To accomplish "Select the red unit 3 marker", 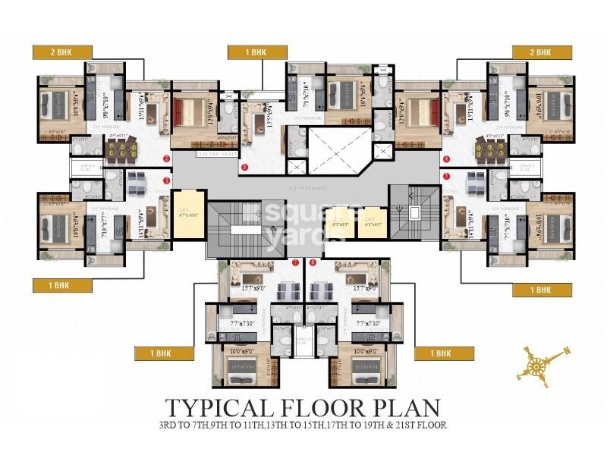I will (244, 167).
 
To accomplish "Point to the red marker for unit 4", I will (447, 158).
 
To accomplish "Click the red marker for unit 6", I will (313, 262).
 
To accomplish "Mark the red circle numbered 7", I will (295, 262).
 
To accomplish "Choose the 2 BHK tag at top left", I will (62, 52).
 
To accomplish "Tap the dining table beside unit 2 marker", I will (123, 149).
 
